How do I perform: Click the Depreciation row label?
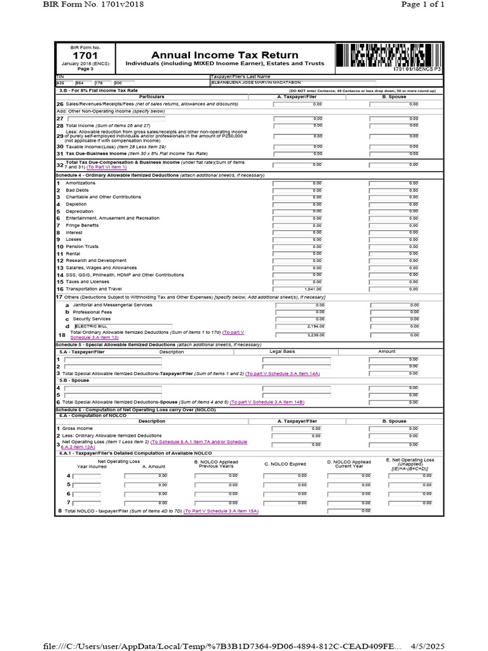tap(79, 211)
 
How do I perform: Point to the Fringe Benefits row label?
tap(82, 225)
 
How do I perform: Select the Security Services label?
tap(91, 319)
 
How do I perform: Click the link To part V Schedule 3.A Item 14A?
tap(283, 373)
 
